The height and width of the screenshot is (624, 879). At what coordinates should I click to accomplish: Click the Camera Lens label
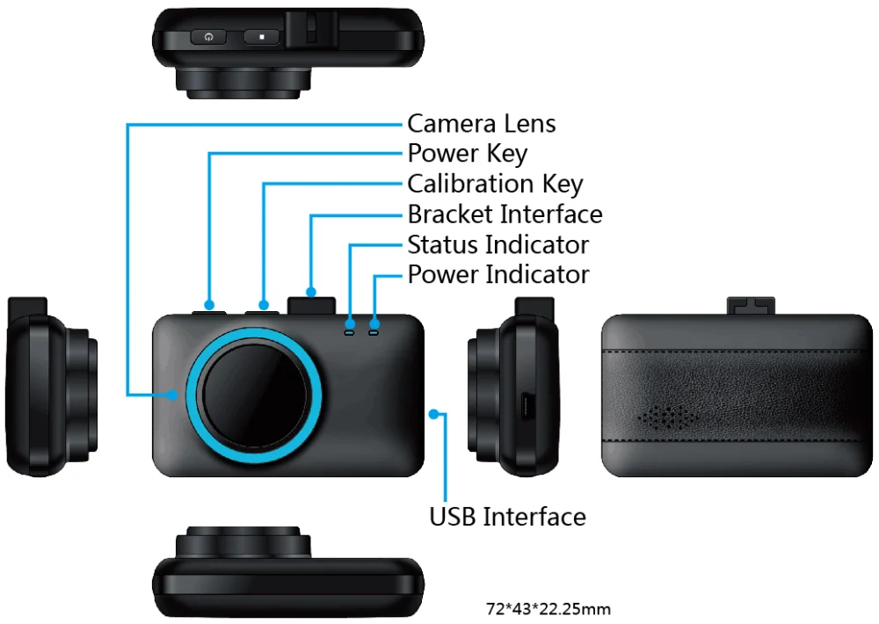coord(481,124)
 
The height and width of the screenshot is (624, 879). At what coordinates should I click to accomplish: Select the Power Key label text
coord(467,154)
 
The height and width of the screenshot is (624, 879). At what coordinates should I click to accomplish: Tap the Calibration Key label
coord(495,185)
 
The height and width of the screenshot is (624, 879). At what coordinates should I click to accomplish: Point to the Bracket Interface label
coord(505,214)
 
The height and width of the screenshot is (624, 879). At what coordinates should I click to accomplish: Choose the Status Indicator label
coord(498,244)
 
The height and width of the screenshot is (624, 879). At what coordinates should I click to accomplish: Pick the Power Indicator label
coord(498,274)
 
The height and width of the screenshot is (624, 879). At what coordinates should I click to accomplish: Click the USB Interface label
coord(507,516)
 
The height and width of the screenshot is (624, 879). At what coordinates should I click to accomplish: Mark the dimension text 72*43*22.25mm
coord(548,608)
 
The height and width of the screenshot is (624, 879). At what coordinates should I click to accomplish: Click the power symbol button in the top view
coord(207,37)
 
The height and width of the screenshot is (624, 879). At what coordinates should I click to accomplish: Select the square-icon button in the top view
coord(262,37)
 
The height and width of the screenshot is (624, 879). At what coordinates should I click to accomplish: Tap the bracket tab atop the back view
coord(751,305)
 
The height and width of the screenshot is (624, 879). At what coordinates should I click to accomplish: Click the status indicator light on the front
coord(349,332)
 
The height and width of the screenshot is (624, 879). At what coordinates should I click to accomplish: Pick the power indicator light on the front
coord(374,332)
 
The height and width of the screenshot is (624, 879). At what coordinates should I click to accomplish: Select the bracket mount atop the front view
coord(310,304)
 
